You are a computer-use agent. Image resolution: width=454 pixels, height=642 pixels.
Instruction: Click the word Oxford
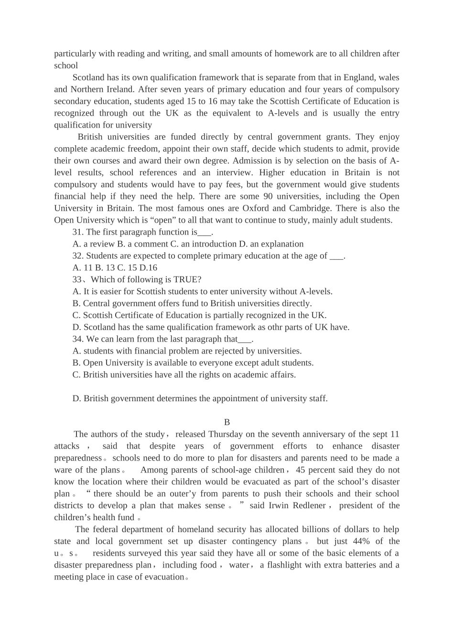click(256, 208)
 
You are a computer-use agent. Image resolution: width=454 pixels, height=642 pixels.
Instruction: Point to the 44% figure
click(361, 541)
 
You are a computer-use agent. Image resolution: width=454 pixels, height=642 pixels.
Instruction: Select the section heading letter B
click(227, 422)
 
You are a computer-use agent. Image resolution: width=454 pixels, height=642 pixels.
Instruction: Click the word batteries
click(359, 565)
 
